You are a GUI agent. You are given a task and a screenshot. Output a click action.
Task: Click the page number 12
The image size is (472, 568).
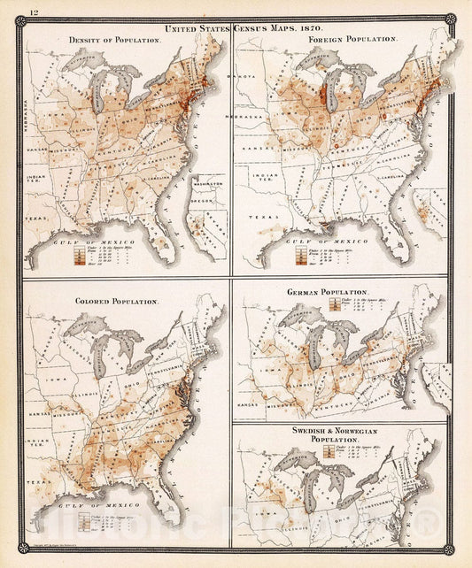coord(34,11)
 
